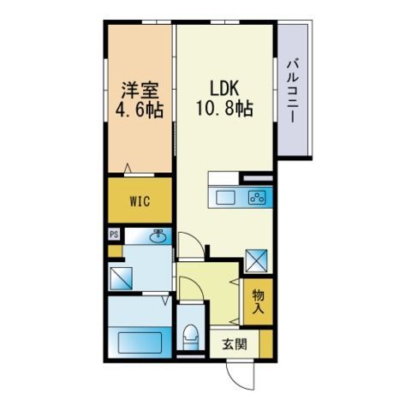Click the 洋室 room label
point(140,91)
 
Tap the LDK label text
point(224,88)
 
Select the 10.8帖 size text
point(225,109)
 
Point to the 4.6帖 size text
point(140,110)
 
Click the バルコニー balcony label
point(293,90)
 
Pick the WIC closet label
point(140,201)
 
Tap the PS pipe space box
point(114,235)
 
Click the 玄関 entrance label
point(235,344)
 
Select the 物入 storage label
point(258,302)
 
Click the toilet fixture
point(191,337)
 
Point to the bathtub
point(140,342)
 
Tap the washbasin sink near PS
point(158,237)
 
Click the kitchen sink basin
point(225,198)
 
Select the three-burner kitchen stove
point(257,198)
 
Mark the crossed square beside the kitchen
point(257,260)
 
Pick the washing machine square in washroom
point(121,278)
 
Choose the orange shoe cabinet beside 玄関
point(266,344)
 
